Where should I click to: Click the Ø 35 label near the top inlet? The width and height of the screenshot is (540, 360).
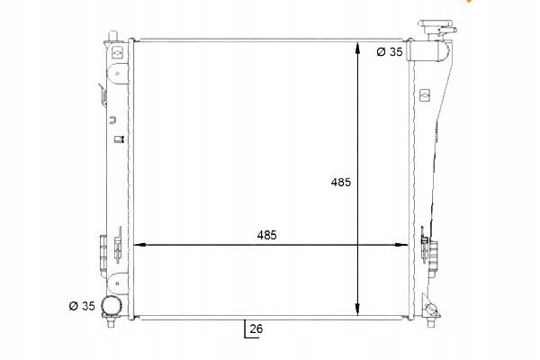point(390,51)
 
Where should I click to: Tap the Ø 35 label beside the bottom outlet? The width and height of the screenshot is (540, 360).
point(82,306)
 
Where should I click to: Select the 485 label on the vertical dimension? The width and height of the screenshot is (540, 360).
point(340,182)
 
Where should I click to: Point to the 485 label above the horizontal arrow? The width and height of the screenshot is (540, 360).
point(266,235)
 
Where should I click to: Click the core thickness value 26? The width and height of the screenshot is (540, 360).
point(256,328)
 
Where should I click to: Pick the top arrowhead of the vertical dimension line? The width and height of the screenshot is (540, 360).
point(358,48)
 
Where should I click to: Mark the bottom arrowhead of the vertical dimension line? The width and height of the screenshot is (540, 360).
point(358,310)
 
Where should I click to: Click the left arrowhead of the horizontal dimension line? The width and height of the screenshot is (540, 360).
point(139,245)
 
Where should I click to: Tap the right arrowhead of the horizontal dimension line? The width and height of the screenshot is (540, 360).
point(401,245)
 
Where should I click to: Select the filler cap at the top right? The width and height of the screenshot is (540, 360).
point(437,27)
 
